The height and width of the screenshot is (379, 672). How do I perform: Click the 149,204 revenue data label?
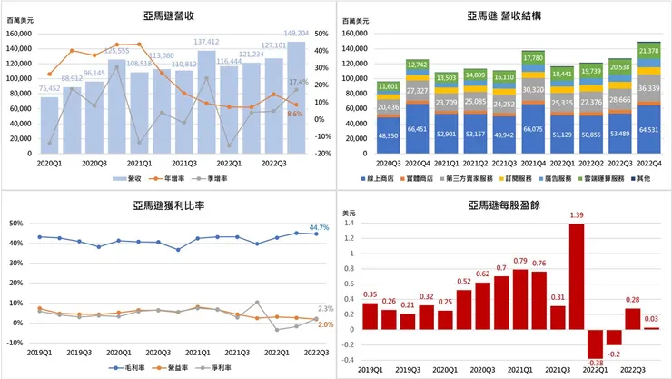[x=296, y=33]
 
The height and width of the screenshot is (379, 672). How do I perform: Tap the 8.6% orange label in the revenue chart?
[x=295, y=114]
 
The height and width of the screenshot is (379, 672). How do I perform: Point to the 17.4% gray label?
[x=297, y=83]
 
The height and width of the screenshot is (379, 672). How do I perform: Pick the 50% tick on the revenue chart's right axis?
[x=321, y=34]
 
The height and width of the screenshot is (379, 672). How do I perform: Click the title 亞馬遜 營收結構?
[x=505, y=15]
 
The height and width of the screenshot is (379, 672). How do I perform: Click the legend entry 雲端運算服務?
[x=599, y=178]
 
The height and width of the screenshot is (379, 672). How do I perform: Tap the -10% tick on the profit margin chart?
[x=15, y=343]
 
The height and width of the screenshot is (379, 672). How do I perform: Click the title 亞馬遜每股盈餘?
[x=505, y=205]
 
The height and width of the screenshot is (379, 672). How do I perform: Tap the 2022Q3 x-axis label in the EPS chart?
[x=633, y=369]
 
